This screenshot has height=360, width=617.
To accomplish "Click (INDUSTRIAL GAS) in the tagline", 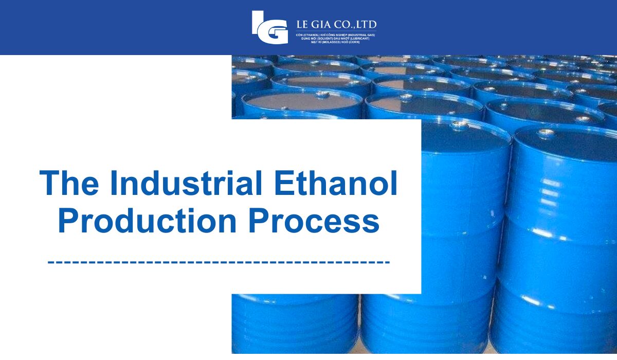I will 362,34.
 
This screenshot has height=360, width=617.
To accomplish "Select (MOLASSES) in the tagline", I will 330,42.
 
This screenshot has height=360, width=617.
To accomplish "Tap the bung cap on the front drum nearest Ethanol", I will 459,123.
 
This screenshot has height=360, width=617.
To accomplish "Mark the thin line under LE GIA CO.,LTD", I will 336,31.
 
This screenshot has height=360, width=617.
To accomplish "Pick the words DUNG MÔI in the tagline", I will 310,38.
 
